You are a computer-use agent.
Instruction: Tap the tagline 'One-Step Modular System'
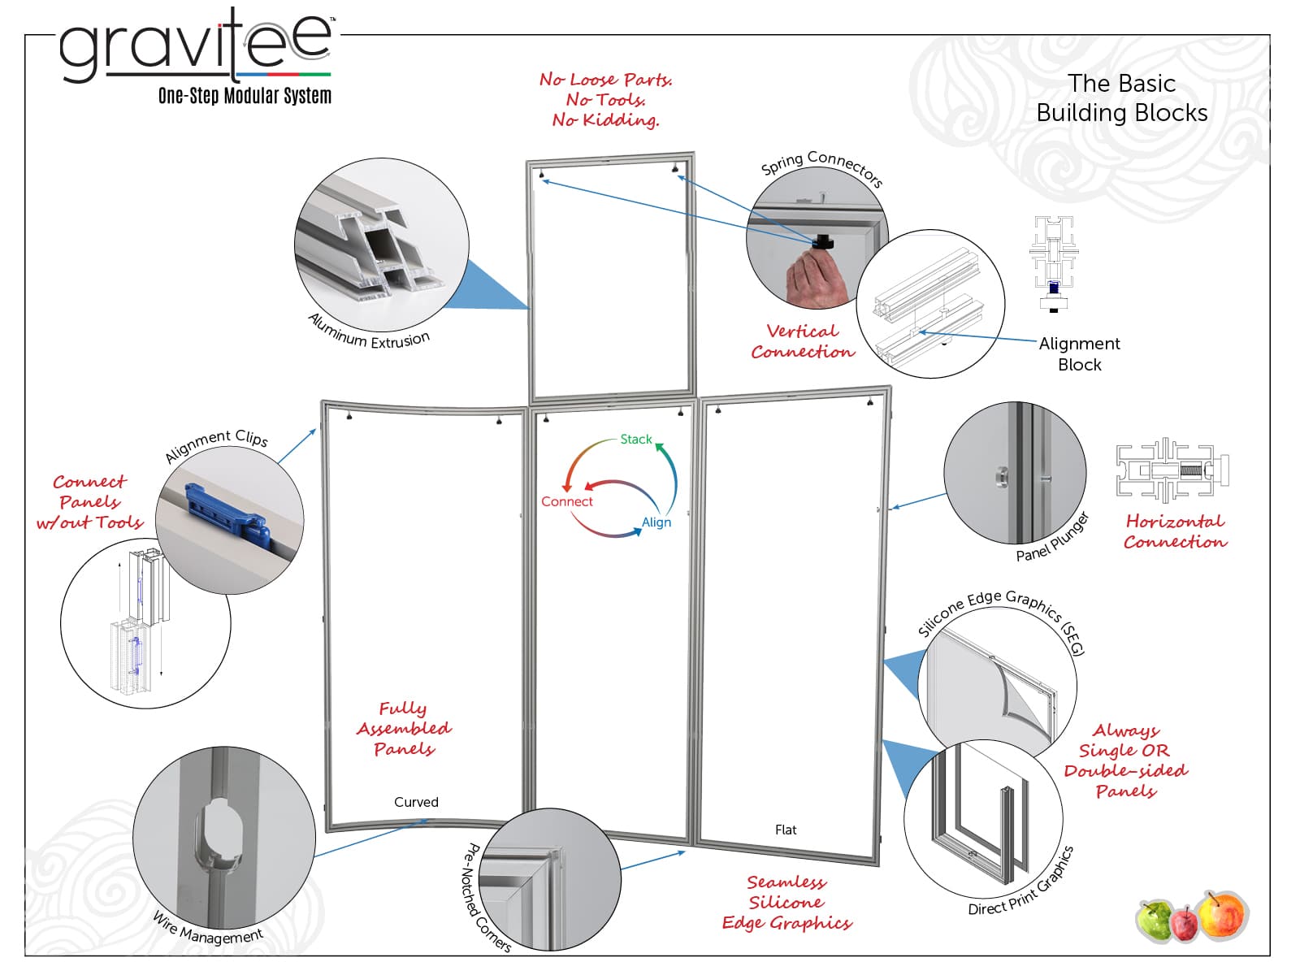pyautogui.click(x=245, y=96)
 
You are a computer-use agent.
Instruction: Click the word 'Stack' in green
pyautogui.click(x=635, y=440)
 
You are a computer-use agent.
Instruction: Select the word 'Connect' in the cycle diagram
pyautogui.click(x=566, y=502)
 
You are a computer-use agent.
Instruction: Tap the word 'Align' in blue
pyautogui.click(x=656, y=522)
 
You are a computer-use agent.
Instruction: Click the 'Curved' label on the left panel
pyautogui.click(x=416, y=802)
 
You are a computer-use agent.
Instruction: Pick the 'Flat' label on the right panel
pyautogui.click(x=786, y=830)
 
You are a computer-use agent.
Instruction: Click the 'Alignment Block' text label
pyautogui.click(x=1079, y=354)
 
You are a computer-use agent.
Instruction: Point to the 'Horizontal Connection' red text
pyautogui.click(x=1175, y=531)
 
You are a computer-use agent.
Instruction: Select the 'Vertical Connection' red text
pyautogui.click(x=802, y=341)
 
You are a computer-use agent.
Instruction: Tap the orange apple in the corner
pyautogui.click(x=1221, y=916)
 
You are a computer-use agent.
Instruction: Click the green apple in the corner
pyautogui.click(x=1155, y=920)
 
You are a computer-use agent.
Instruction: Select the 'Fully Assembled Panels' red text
pyautogui.click(x=404, y=728)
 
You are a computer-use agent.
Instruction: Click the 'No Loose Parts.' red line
pyautogui.click(x=605, y=80)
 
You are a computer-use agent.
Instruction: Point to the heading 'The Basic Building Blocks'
pyautogui.click(x=1121, y=97)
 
